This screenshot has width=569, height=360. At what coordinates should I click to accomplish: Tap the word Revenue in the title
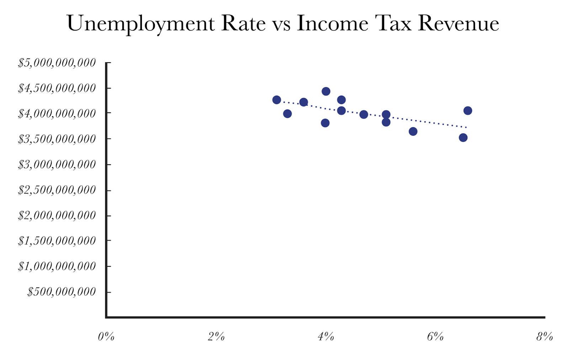tap(458, 23)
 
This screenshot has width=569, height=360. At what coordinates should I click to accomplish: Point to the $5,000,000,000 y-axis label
tap(57, 63)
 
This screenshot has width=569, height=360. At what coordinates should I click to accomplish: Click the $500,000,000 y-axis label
tap(62, 292)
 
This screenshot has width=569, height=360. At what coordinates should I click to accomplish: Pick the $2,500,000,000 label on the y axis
tap(57, 190)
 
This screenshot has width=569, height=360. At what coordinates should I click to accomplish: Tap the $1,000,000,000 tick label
tap(57, 266)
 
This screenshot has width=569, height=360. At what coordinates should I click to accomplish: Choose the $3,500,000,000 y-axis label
tap(57, 139)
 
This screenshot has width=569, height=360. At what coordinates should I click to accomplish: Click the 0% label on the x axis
tap(106, 337)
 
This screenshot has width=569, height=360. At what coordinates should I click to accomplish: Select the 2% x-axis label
tap(216, 337)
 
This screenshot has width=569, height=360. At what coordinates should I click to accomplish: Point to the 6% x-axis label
tap(435, 337)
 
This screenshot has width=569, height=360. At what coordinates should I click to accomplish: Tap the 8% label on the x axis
tap(544, 337)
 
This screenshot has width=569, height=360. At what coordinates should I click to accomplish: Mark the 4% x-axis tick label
tap(325, 337)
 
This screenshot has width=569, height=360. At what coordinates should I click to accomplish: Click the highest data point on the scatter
tap(326, 91)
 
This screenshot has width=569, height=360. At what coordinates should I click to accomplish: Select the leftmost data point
tap(277, 100)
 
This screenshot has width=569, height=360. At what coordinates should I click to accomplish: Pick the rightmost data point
tap(468, 111)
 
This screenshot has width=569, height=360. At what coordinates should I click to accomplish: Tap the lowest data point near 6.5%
tap(463, 138)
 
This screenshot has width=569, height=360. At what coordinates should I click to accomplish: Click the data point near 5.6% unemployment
tap(413, 132)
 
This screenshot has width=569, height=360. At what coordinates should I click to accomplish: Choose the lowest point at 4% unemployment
tap(325, 123)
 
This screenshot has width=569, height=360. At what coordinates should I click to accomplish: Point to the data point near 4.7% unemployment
tap(363, 115)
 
